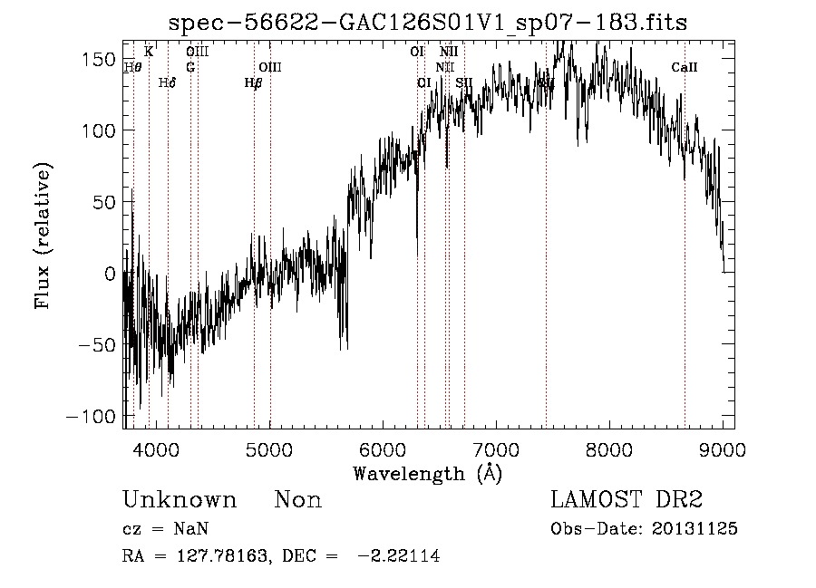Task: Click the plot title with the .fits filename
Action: click(429, 23)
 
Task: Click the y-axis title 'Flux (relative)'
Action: click(44, 236)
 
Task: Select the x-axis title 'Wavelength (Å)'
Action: click(427, 472)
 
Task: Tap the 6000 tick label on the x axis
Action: click(383, 448)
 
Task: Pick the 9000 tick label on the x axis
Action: click(723, 448)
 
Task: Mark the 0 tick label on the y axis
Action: click(111, 273)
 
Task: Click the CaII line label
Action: click(685, 67)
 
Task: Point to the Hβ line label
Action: click(254, 83)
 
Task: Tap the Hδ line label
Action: click(167, 83)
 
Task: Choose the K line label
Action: click(149, 52)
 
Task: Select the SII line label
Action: click(464, 83)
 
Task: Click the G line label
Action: click(190, 67)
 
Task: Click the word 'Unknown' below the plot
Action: click(180, 500)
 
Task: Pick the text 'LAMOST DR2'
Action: click(627, 500)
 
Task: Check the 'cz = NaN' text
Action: click(168, 529)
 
